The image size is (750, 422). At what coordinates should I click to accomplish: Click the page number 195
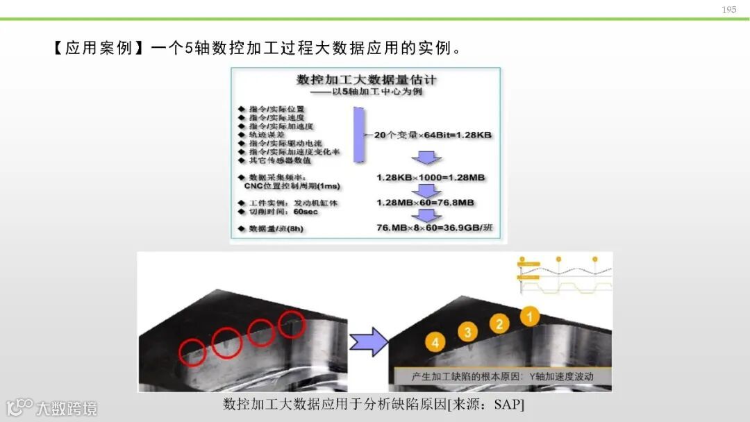pyautogui.click(x=728, y=10)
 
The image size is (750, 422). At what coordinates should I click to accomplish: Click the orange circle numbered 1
pyautogui.click(x=530, y=317)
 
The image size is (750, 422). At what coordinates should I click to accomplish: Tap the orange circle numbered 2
pyautogui.click(x=499, y=323)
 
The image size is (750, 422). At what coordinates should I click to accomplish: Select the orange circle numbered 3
pyautogui.click(x=467, y=332)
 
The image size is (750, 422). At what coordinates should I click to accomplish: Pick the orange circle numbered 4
pyautogui.click(x=435, y=341)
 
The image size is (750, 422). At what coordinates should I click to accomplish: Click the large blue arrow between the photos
pyautogui.click(x=368, y=341)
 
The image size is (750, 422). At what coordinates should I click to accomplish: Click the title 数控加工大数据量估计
pyautogui.click(x=366, y=81)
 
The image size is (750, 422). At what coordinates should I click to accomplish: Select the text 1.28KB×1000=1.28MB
pyautogui.click(x=431, y=178)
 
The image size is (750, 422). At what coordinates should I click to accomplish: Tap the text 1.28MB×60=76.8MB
pyautogui.click(x=425, y=203)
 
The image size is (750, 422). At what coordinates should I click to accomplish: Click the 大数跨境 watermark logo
pyautogui.click(x=52, y=407)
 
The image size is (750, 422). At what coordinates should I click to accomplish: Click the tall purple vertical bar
pyautogui.click(x=358, y=135)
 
